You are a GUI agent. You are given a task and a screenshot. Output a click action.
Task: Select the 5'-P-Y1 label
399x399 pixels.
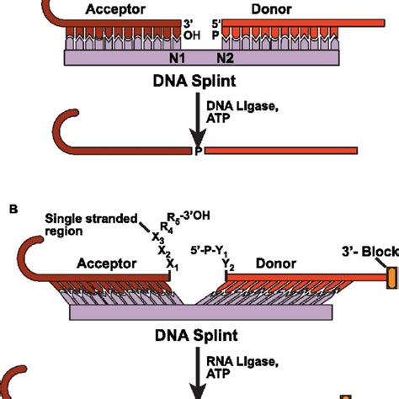point(212,249)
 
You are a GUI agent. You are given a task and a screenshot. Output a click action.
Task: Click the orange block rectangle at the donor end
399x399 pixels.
point(390,279)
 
